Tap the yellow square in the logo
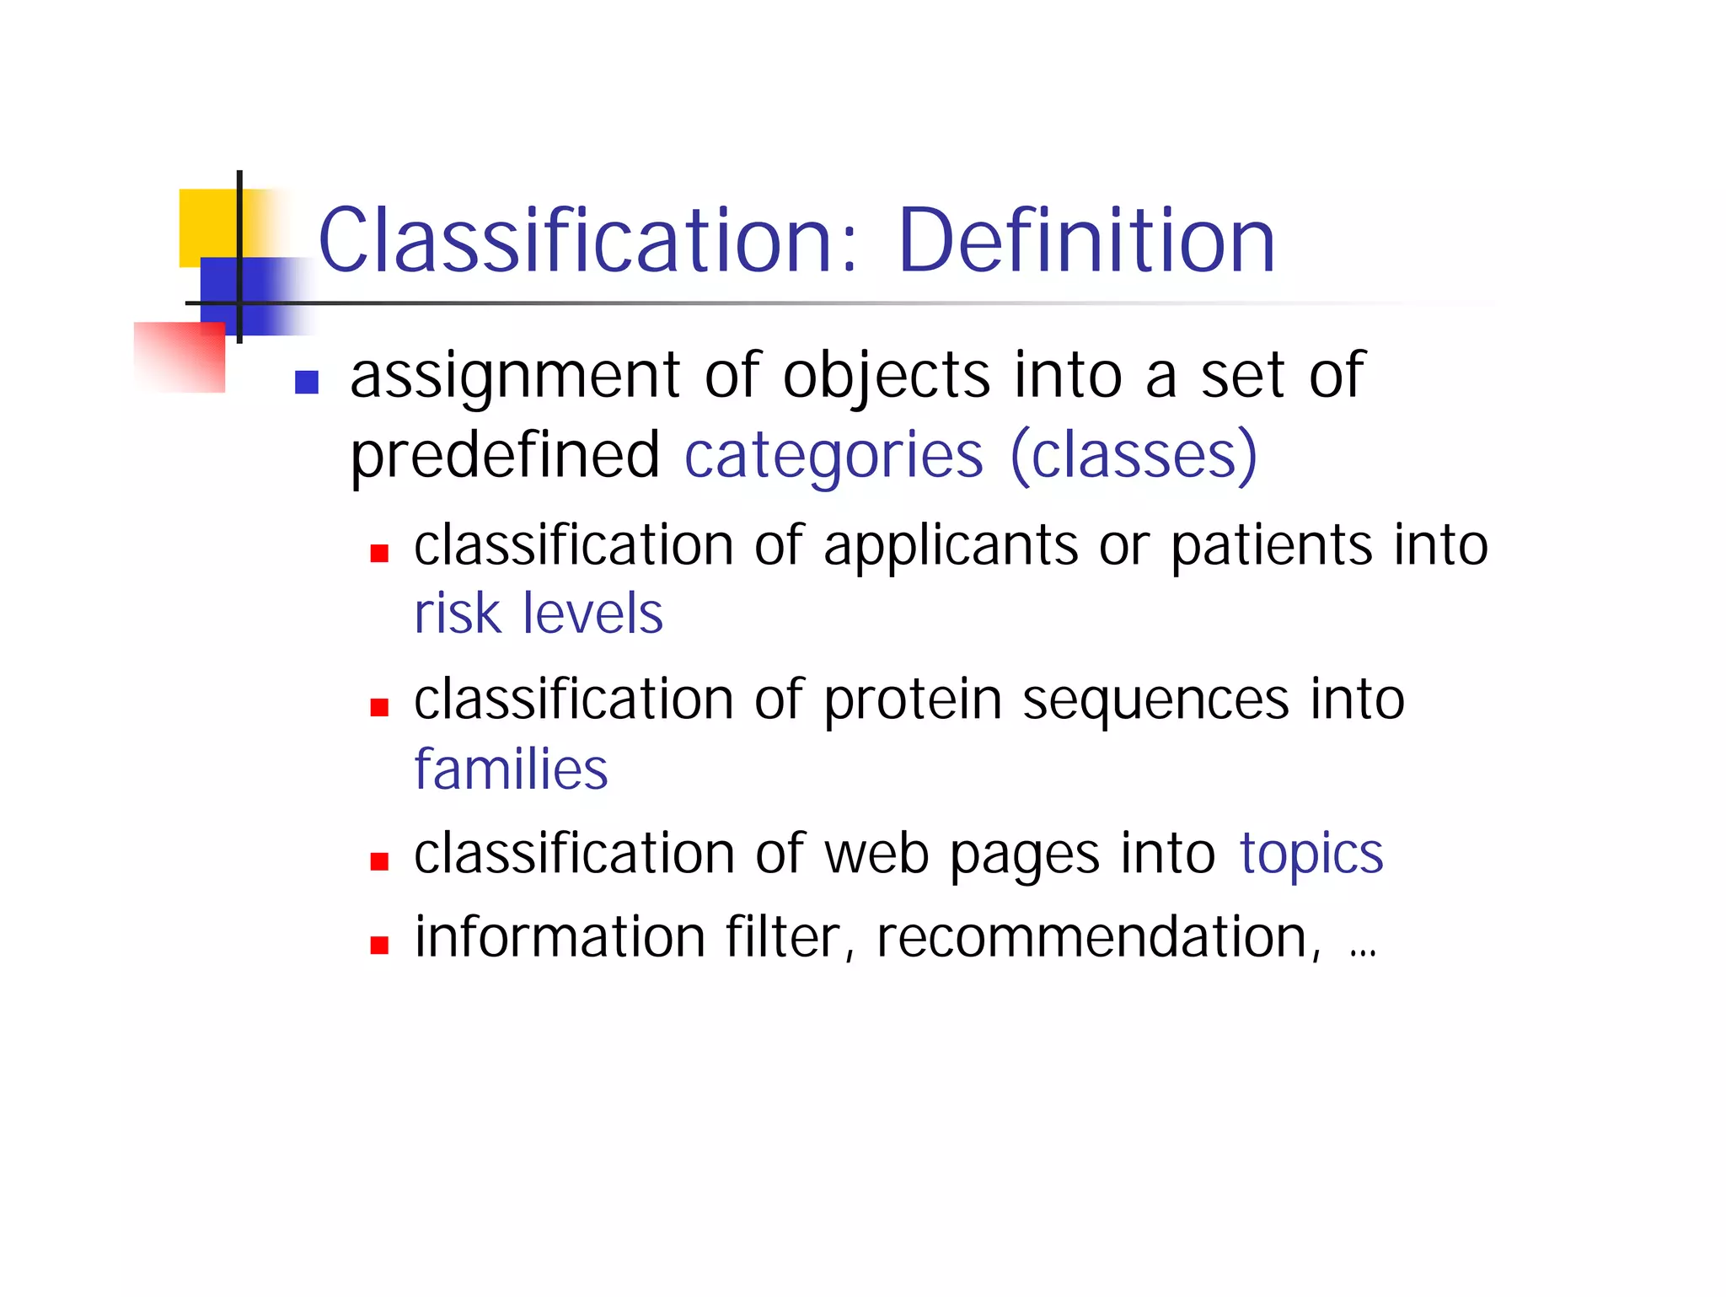coord(206,224)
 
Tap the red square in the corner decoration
coord(181,358)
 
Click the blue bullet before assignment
coord(307,383)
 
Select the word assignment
coord(515,377)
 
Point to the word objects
coord(886,377)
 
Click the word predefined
coord(505,456)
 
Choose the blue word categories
coord(833,456)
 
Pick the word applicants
coord(950,546)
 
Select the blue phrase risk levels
coord(539,614)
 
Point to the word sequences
coord(1155,700)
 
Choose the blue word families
coord(511,769)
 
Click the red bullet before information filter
coord(379,946)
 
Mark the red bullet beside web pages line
coord(379,861)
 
